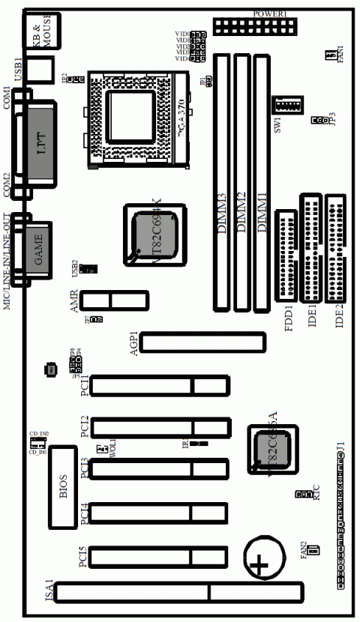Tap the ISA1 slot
point(180,594)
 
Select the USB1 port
point(42,70)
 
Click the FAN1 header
point(330,55)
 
